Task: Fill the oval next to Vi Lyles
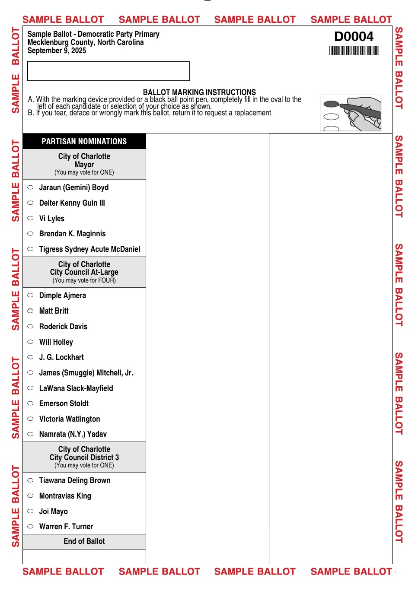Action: pos(30,219)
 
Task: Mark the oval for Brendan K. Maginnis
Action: pos(30,234)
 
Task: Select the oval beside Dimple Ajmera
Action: pos(30,295)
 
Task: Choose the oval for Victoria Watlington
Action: pos(30,419)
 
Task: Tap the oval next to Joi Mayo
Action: pos(30,512)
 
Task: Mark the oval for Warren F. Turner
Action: pos(30,527)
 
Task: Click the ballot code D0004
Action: pos(354,37)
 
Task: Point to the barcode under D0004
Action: pos(354,51)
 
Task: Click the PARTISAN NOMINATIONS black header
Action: pos(84,141)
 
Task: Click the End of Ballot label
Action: pos(84,541)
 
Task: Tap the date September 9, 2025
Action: pos(57,51)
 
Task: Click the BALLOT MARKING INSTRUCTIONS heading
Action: pos(199,92)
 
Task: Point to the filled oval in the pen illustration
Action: pos(332,104)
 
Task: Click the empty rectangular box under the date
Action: pos(109,71)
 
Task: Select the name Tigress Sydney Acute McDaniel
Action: pos(89,249)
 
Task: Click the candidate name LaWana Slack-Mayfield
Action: pos(76,388)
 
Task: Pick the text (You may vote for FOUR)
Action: pos(84,280)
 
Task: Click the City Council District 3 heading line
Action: pos(84,458)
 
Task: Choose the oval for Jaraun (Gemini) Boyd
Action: pos(30,187)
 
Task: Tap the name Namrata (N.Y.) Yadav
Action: pos(73,434)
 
